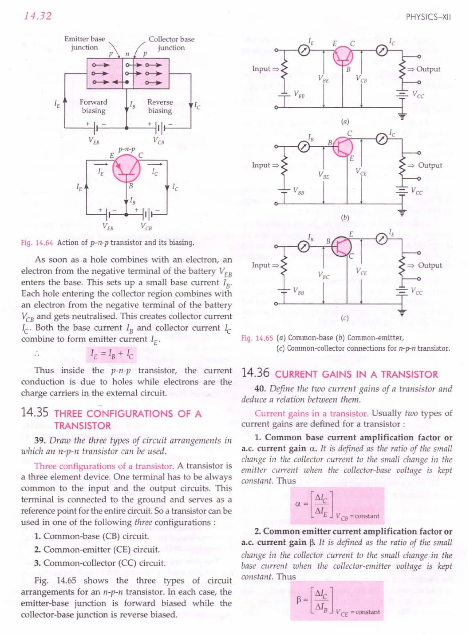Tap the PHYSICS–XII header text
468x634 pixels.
tap(428, 17)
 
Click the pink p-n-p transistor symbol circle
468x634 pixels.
tap(127, 169)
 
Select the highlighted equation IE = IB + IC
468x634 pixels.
tap(111, 355)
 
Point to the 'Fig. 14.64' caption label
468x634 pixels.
tap(37, 243)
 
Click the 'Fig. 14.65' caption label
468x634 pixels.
tap(257, 338)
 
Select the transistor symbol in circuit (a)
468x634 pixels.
tap(343, 56)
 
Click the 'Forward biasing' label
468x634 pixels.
tap(93, 106)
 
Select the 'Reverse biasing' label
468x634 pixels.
tap(160, 106)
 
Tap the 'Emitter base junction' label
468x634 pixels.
tap(84, 43)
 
